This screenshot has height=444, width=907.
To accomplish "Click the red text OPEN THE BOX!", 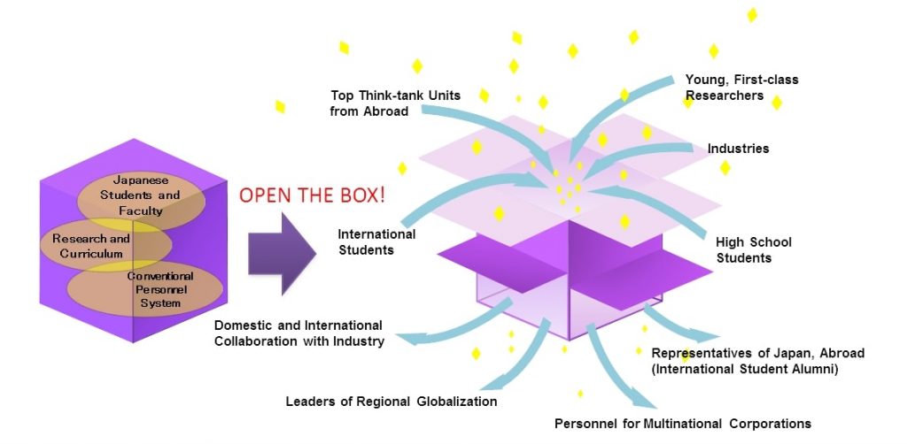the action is point(312,195).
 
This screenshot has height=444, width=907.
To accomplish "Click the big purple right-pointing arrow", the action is point(282,254).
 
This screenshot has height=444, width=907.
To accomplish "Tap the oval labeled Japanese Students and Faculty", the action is point(141,195).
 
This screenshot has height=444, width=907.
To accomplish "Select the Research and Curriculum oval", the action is point(106,246).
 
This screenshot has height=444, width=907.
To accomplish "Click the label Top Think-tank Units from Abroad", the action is point(395,103).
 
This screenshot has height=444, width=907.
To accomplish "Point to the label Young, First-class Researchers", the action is point(741,88).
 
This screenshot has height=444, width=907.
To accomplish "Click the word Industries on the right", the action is point(738,149).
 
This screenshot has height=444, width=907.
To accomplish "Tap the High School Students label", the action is point(753,250).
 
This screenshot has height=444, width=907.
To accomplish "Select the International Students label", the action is point(376,242).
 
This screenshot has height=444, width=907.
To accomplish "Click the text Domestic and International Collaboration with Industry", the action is point(299,333).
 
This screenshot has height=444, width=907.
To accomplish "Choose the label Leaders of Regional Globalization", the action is point(391,402).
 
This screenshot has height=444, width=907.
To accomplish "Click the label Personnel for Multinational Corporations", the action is point(683,424).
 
